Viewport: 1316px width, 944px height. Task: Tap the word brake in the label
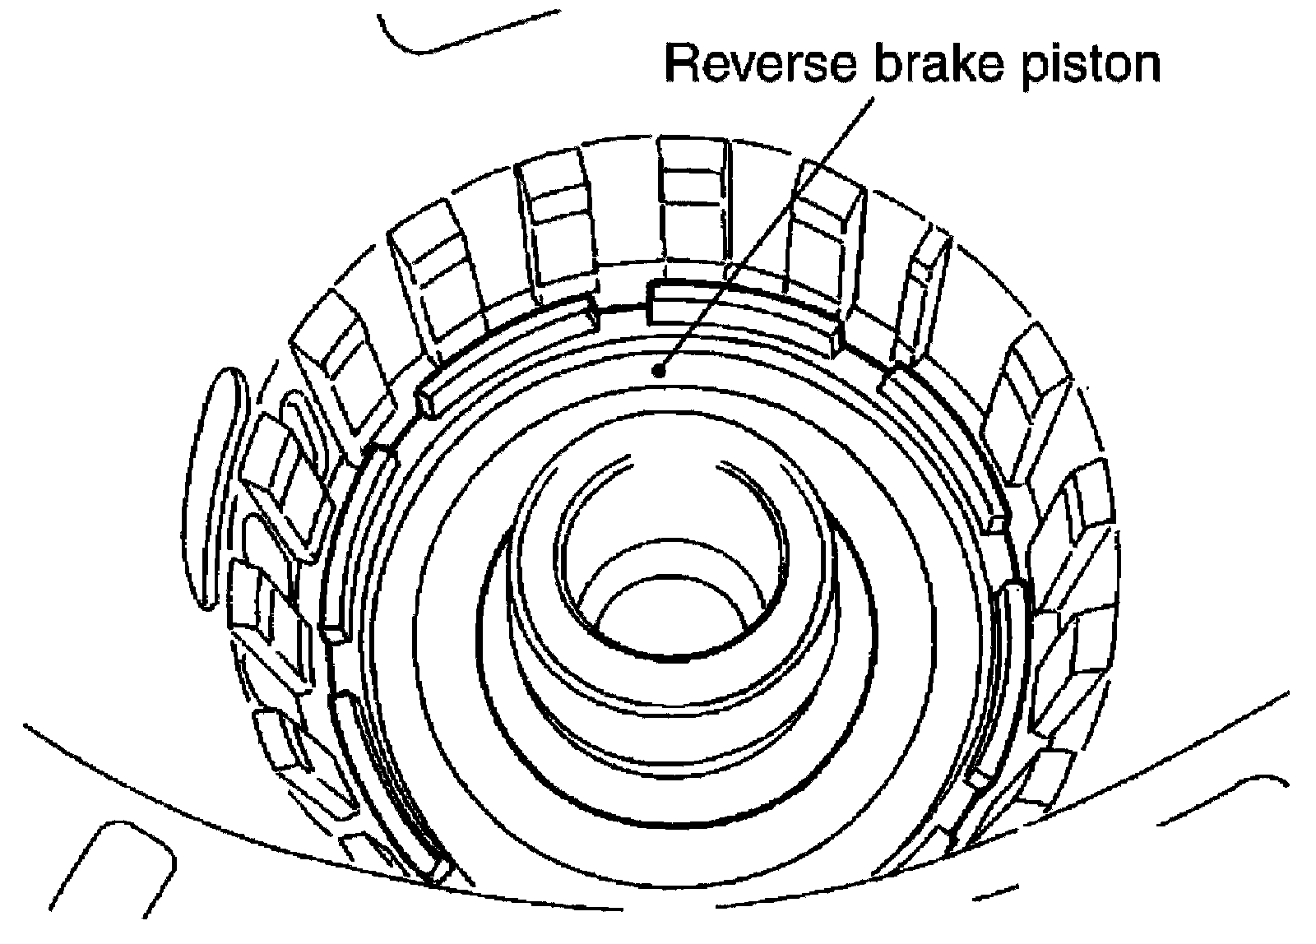[x=931, y=64]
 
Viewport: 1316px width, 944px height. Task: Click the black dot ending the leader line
[x=658, y=371]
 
